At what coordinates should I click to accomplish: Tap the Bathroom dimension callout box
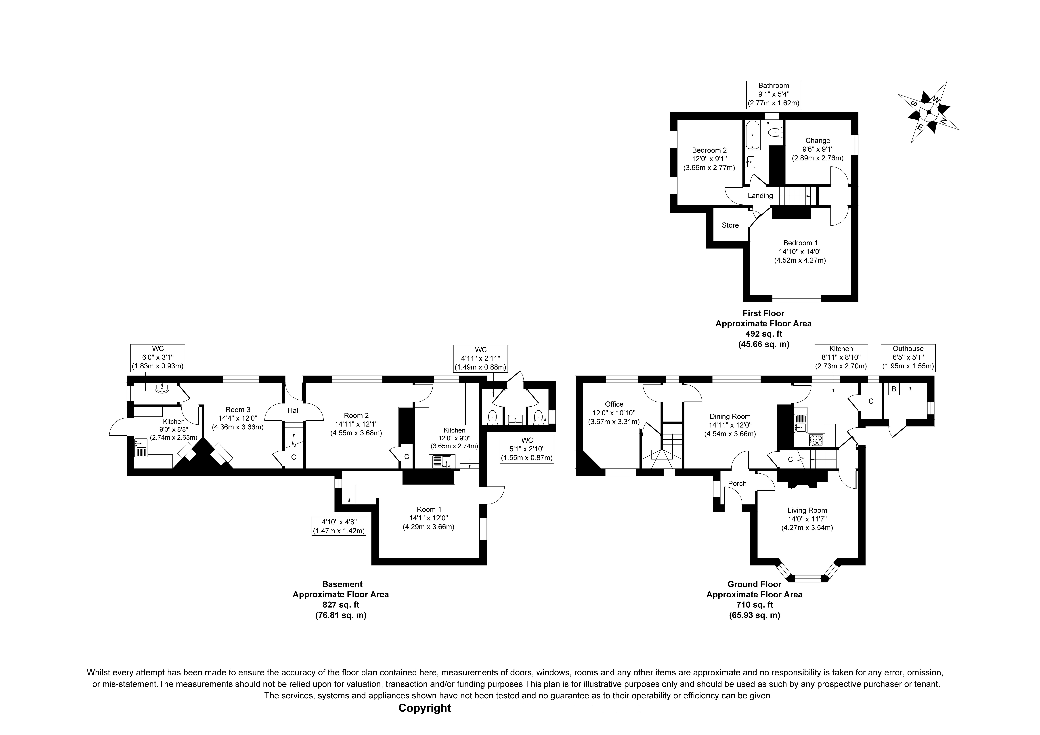coord(774,94)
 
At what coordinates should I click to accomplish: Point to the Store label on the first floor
coord(730,225)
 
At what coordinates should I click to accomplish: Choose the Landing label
coord(760,196)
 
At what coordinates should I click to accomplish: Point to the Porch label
coord(737,483)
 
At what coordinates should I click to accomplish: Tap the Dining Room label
coord(730,416)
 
